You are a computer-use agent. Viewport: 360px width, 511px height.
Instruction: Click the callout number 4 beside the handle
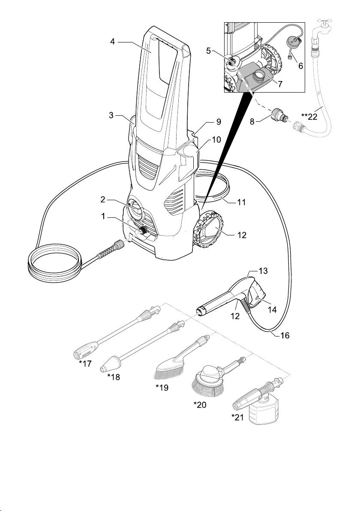tap(112, 42)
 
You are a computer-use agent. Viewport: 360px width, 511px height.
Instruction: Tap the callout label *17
tap(86, 364)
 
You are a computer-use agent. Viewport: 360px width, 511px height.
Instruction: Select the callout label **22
tap(309, 117)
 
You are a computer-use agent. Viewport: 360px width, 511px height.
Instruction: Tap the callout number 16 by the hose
tap(285, 336)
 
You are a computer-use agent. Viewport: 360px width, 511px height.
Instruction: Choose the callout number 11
tap(241, 202)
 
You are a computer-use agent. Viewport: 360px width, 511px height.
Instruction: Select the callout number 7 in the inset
tap(280, 84)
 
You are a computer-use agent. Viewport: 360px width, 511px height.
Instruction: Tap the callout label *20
tap(200, 405)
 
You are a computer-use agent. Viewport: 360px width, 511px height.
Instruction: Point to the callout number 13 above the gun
tap(263, 271)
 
